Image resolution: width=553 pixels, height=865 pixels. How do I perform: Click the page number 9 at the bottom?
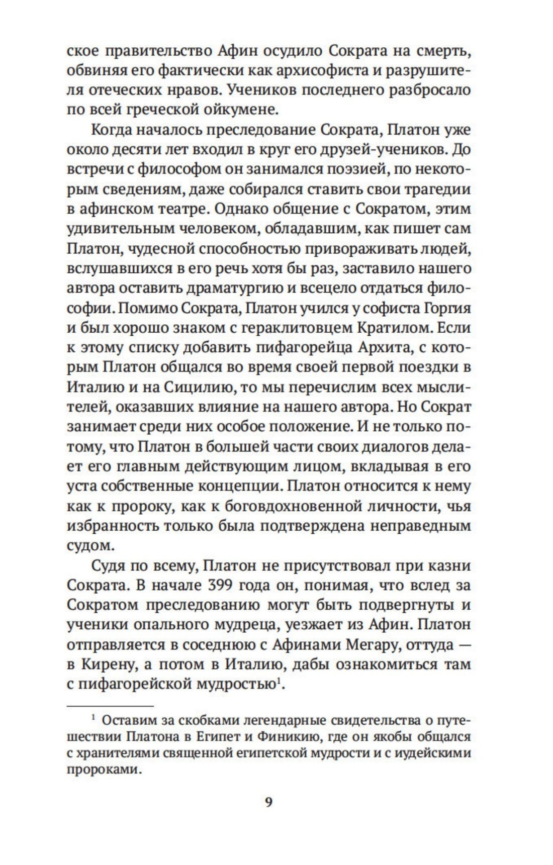268,802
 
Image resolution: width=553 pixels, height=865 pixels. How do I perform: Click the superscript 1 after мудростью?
279,681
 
